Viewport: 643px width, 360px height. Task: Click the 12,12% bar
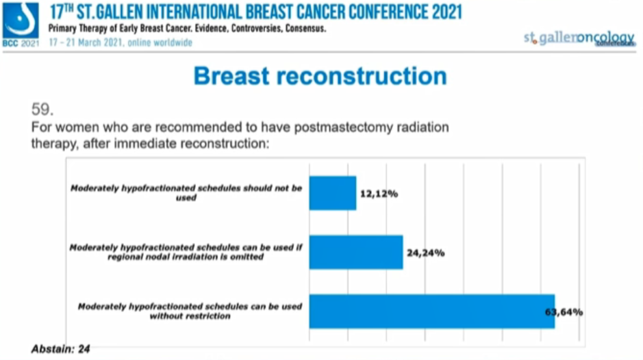tap(333, 193)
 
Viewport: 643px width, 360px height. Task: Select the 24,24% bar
tap(356, 252)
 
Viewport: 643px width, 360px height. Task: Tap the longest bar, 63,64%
tap(431, 311)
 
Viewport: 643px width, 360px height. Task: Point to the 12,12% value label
tap(378, 194)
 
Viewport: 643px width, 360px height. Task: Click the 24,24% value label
tap(425, 253)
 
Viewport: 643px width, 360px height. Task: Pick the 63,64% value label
tap(564, 311)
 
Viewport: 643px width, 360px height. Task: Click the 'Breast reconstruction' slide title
tap(320, 75)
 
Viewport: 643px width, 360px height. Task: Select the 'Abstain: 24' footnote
tap(61, 349)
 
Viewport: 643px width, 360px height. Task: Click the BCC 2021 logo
tap(21, 24)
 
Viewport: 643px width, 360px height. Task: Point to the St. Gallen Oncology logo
tap(579, 38)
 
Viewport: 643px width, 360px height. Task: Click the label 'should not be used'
tap(186, 193)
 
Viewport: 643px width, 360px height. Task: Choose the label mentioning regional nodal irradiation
tap(186, 252)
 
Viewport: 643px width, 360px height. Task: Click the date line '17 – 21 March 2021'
tap(121, 42)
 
